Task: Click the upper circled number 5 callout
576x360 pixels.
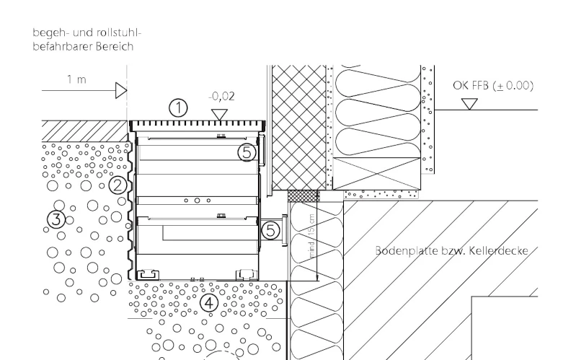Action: [247, 152]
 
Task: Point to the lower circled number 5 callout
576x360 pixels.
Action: [270, 229]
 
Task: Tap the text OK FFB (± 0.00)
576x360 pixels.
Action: [492, 85]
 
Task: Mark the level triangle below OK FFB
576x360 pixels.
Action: [470, 104]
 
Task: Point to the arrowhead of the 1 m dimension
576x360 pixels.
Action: [121, 90]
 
